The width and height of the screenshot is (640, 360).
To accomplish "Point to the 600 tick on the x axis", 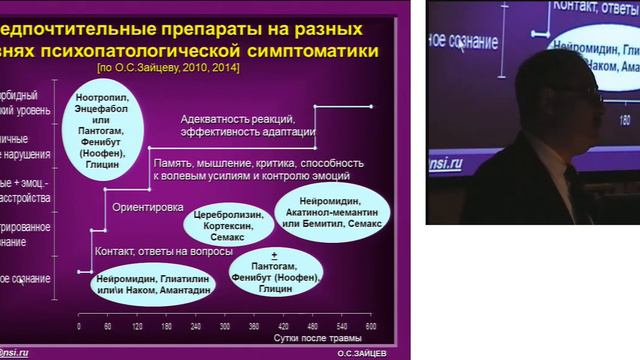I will (x=372, y=327).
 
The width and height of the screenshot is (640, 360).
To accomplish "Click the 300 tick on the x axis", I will (x=225, y=327).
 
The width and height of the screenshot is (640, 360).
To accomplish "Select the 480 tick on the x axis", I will (x=313, y=327).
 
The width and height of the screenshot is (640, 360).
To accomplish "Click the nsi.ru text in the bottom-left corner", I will (x=17, y=353).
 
